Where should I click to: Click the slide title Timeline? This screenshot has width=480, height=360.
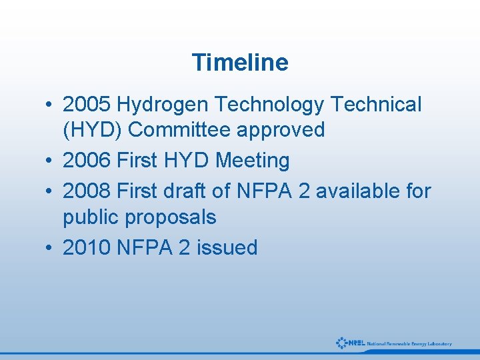240,63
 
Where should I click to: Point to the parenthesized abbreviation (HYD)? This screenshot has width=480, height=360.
92,130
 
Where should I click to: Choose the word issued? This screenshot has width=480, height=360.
227,248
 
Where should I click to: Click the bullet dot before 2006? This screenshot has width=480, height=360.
50,161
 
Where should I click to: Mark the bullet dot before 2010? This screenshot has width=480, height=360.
50,249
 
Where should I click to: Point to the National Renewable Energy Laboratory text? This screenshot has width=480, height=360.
409,344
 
